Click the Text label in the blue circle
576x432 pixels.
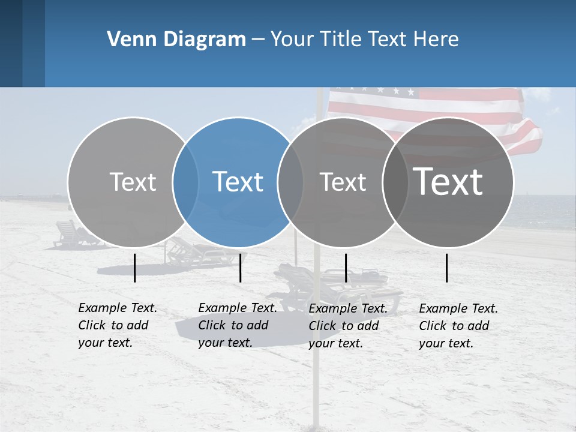[238, 182]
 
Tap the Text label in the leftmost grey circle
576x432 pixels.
[133, 182]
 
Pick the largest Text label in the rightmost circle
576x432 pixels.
[448, 181]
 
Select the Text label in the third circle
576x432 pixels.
[343, 182]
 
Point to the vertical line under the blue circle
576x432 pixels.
[240, 268]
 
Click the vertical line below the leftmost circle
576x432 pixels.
[135, 268]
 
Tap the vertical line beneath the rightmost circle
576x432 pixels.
[447, 268]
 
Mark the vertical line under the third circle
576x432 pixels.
[346, 268]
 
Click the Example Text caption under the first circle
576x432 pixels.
[118, 325]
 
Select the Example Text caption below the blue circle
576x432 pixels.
[238, 325]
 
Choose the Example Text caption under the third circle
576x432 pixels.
[348, 326]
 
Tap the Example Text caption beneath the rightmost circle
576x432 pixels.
[458, 326]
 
